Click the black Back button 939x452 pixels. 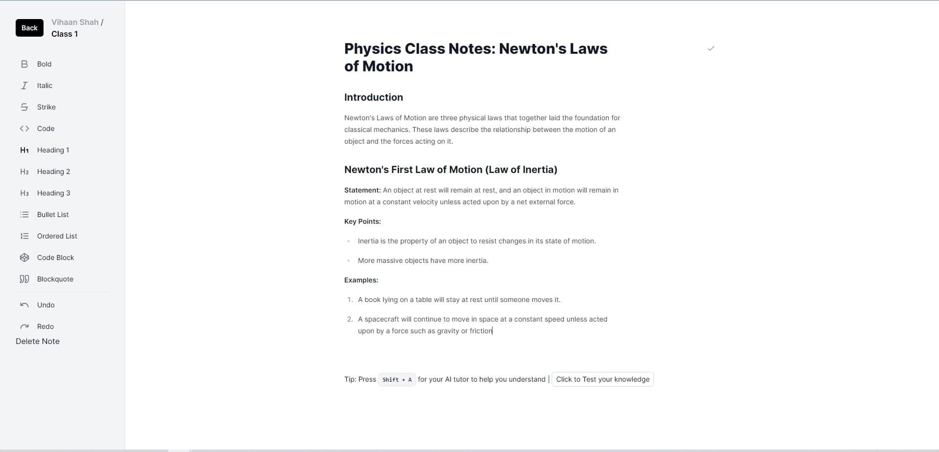29,28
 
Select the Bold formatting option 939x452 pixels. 44,64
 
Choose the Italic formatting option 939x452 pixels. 45,86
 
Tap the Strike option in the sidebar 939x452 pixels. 46,107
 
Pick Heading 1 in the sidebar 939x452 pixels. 53,150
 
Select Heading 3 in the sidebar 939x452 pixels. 53,193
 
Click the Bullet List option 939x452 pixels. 53,215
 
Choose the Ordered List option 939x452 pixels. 57,236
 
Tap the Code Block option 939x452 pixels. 55,258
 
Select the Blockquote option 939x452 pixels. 55,279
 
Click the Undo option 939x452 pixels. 45,305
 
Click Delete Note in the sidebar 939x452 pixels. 38,341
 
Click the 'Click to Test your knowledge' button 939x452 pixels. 603,379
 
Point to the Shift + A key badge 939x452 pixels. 397,380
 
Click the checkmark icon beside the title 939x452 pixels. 711,48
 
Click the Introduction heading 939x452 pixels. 374,97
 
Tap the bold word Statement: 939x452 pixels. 362,190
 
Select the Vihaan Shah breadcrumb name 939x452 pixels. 75,22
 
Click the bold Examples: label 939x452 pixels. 361,280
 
